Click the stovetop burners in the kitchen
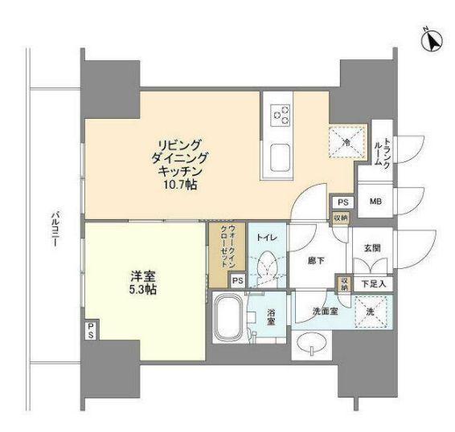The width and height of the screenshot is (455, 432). pos(281,116)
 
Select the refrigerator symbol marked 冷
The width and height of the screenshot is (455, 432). pos(346,143)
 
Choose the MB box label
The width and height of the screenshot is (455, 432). pos(375,201)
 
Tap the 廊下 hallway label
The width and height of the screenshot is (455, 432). pos(314,261)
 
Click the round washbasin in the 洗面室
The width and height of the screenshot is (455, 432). pos(314,344)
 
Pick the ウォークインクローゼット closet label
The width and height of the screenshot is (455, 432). pos(226,250)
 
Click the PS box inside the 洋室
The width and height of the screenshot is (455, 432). pos(91,329)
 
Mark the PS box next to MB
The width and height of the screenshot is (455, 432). pos(342,201)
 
